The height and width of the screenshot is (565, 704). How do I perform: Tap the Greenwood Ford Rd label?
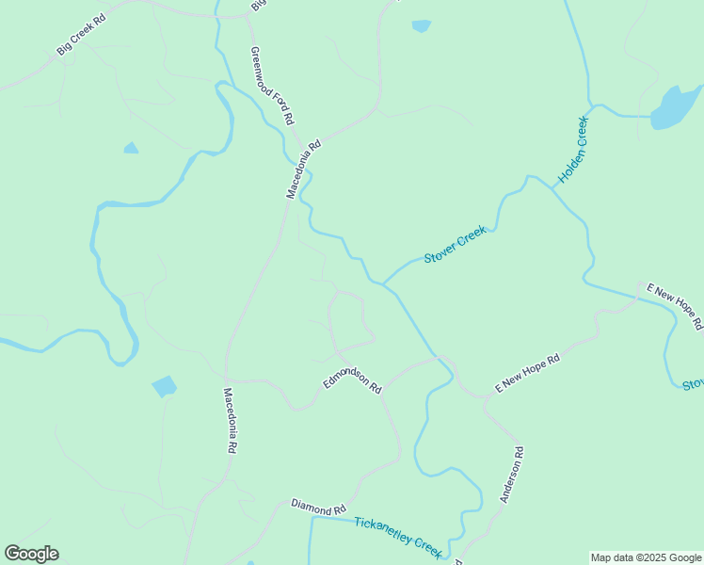[x=273, y=86]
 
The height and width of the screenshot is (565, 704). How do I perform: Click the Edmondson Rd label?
[x=352, y=379]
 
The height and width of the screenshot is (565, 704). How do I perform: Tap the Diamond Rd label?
[x=318, y=508]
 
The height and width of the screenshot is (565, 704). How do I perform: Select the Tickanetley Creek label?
[x=398, y=536]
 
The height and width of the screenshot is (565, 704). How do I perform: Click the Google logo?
[x=31, y=554]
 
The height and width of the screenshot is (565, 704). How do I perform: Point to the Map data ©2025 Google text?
[x=647, y=557]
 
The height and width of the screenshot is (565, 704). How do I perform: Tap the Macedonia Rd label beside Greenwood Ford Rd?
[x=304, y=169]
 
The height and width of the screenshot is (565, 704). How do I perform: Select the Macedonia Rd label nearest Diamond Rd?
[x=229, y=421]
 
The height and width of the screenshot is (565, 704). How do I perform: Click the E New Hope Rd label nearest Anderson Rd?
[x=528, y=374]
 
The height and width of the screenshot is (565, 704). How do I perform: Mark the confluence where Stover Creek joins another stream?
[x=384, y=283]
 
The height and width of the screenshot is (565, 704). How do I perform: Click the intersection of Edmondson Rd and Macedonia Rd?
[x=228, y=380]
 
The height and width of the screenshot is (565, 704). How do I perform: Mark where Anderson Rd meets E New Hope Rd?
[x=486, y=397]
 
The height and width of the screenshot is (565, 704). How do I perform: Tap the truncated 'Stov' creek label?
[x=693, y=384]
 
